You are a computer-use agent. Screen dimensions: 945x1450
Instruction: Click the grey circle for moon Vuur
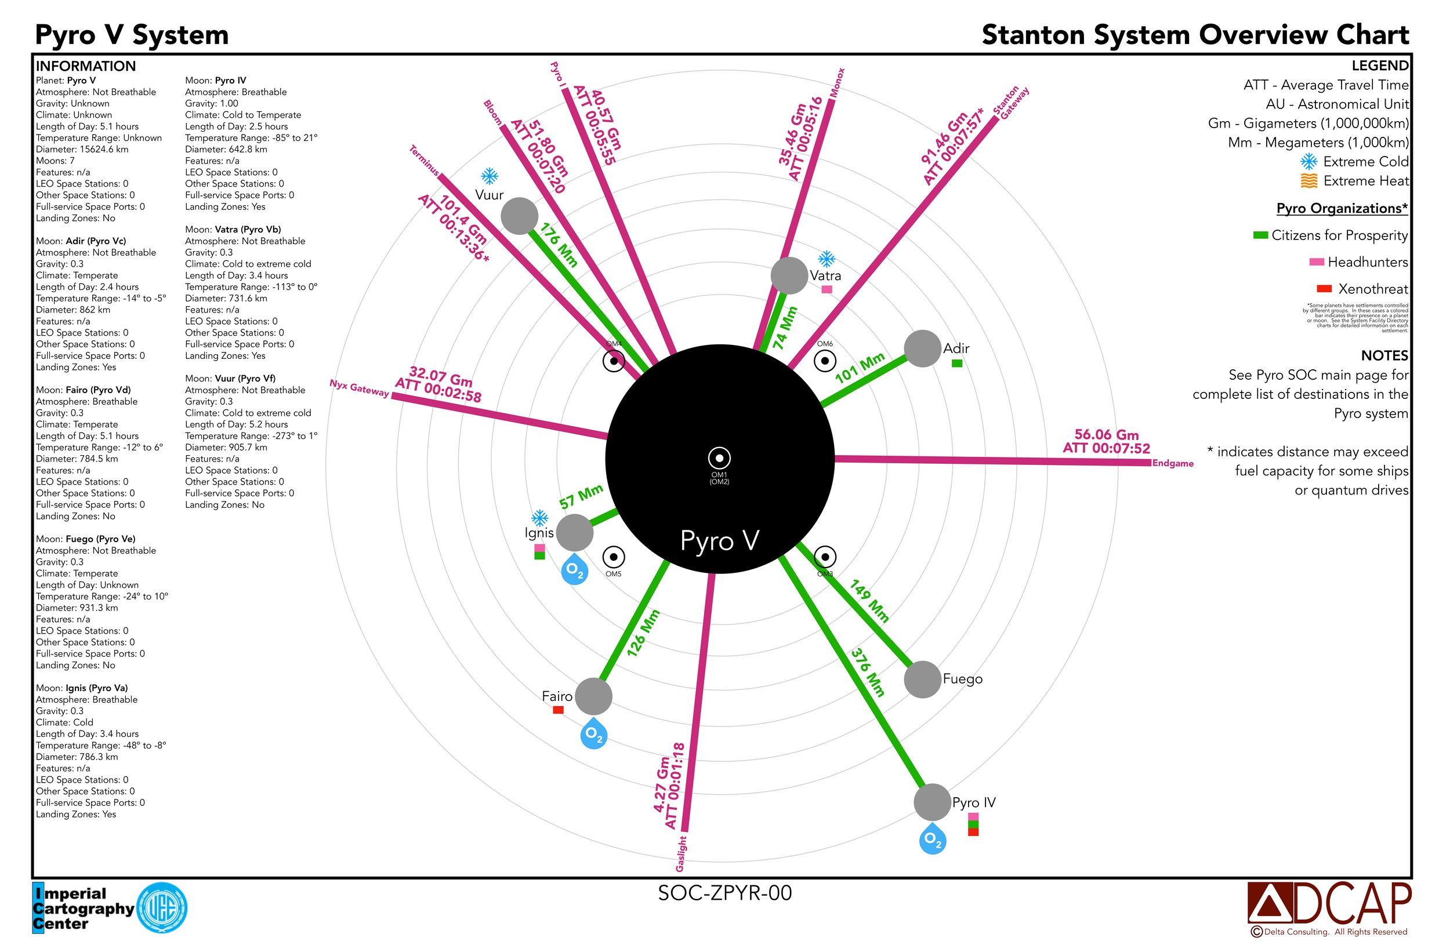click(519, 216)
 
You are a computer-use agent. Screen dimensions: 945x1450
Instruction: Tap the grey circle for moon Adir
click(922, 349)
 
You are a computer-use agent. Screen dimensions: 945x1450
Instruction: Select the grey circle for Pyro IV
click(932, 802)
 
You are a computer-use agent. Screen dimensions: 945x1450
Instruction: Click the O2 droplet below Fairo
click(594, 734)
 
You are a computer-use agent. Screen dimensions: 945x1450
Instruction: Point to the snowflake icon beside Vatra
click(826, 259)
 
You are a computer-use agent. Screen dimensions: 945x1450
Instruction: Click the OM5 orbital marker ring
click(614, 557)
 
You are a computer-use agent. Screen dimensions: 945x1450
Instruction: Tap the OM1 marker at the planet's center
click(719, 458)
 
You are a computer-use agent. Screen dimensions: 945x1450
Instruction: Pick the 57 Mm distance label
click(581, 497)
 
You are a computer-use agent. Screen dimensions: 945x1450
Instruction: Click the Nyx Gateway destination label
click(359, 388)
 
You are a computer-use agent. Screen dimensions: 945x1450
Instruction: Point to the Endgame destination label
click(1172, 463)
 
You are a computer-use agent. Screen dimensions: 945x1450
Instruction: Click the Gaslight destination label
click(681, 853)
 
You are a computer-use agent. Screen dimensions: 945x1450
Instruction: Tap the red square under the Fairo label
click(558, 710)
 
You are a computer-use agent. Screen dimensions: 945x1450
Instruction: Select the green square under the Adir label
click(957, 364)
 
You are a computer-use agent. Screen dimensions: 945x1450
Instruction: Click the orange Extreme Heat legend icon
click(1309, 181)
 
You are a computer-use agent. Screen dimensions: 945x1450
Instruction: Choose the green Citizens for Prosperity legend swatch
click(1260, 235)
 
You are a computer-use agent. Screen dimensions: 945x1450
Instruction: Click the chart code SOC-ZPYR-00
click(724, 893)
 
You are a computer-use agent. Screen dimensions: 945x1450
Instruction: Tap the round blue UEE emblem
click(162, 908)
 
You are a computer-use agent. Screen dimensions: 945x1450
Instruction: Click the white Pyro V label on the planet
click(720, 541)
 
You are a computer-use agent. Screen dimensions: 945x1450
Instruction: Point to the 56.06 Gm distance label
click(1107, 435)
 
